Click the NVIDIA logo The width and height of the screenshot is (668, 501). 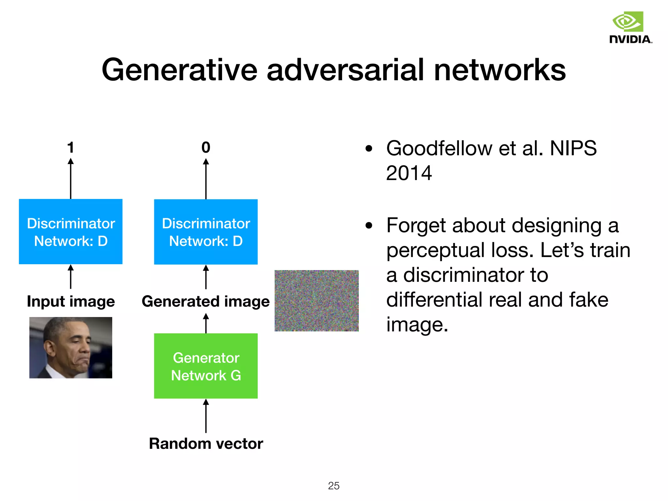(x=630, y=28)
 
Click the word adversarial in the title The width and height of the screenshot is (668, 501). (x=346, y=70)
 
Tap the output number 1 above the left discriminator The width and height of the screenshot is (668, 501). (x=70, y=147)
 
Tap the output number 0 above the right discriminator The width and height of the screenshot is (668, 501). (x=206, y=147)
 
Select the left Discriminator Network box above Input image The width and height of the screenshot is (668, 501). (x=70, y=232)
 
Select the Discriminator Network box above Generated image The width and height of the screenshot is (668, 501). (x=206, y=232)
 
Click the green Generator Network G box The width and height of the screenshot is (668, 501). (x=206, y=366)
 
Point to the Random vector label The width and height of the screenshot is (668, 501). (x=206, y=444)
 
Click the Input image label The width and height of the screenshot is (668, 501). (x=70, y=301)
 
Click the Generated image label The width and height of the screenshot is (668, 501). (x=205, y=301)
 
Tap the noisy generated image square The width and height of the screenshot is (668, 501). (x=316, y=301)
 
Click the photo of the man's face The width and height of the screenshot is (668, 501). (x=70, y=348)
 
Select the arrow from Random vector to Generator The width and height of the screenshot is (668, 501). (x=206, y=416)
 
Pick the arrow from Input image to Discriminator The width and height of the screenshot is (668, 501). (x=70, y=277)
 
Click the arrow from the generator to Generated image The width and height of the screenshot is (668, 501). (x=206, y=323)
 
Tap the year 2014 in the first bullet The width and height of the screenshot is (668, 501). (x=409, y=173)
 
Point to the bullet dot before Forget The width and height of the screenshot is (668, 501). (x=369, y=226)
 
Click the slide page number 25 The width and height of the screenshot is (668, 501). (x=334, y=486)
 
